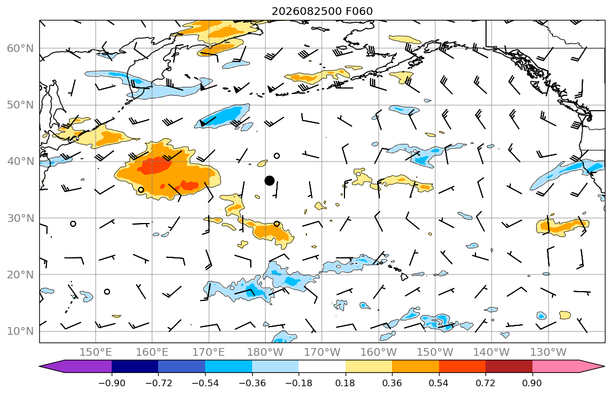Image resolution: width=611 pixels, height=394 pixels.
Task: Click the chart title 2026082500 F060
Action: coord(322,11)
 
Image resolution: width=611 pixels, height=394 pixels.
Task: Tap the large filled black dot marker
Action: coord(269,180)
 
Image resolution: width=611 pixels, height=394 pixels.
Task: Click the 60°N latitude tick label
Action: coord(20,48)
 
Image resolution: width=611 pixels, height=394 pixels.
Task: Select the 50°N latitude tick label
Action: coord(20,105)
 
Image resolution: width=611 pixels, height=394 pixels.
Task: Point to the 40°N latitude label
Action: coord(20,162)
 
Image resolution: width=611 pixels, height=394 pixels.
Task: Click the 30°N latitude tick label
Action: coord(20,218)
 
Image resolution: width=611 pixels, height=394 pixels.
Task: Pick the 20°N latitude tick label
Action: coord(20,274)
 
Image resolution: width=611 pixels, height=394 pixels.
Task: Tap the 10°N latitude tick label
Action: coord(20,331)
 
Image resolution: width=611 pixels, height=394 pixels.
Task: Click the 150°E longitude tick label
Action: coord(96,352)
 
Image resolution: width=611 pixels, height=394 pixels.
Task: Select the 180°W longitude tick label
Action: coord(265,352)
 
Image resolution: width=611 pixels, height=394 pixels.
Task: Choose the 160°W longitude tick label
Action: coord(379,352)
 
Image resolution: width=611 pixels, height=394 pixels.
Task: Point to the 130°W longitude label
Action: coord(549,352)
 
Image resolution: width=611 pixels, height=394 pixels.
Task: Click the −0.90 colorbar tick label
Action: coord(112,383)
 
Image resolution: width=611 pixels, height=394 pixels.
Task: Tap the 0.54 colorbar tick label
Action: coord(439,383)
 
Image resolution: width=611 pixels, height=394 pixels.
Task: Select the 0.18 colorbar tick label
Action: coord(345,383)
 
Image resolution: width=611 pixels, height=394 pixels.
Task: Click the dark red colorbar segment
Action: coord(509,366)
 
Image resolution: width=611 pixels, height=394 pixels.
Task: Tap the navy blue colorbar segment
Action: coord(135,366)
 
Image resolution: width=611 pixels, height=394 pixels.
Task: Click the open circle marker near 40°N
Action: coord(276,155)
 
